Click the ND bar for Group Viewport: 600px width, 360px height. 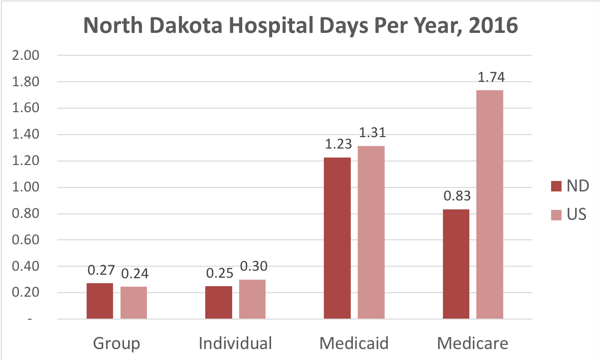click(100, 301)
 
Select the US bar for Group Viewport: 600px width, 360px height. click(134, 303)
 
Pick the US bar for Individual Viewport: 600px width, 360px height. click(252, 299)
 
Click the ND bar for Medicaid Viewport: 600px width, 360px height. click(337, 238)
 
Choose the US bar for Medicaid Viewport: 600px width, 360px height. click(371, 232)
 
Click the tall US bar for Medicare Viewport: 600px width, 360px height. click(490, 204)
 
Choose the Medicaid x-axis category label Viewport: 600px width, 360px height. click(354, 344)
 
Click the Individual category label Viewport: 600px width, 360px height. click(235, 344)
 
